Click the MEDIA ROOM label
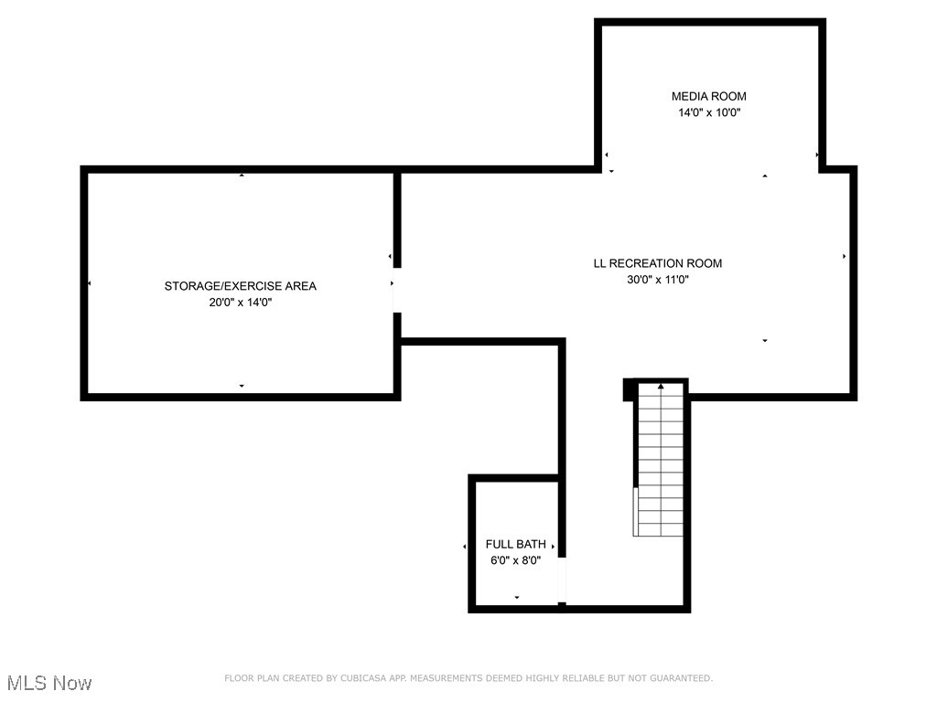coord(708,96)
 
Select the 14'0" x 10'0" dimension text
coord(708,113)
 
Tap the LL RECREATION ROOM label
coord(657,263)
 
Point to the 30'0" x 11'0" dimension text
coord(657,281)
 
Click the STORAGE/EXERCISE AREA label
coord(240,286)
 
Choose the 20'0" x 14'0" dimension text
coord(240,303)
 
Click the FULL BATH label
coord(515,544)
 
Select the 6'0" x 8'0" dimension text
coord(515,560)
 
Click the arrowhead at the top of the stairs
coord(661,387)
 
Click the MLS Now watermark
coord(49,683)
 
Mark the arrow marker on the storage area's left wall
coord(90,284)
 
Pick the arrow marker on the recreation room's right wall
coord(844,257)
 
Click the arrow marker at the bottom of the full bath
coord(516,598)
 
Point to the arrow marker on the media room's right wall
coord(817,155)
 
